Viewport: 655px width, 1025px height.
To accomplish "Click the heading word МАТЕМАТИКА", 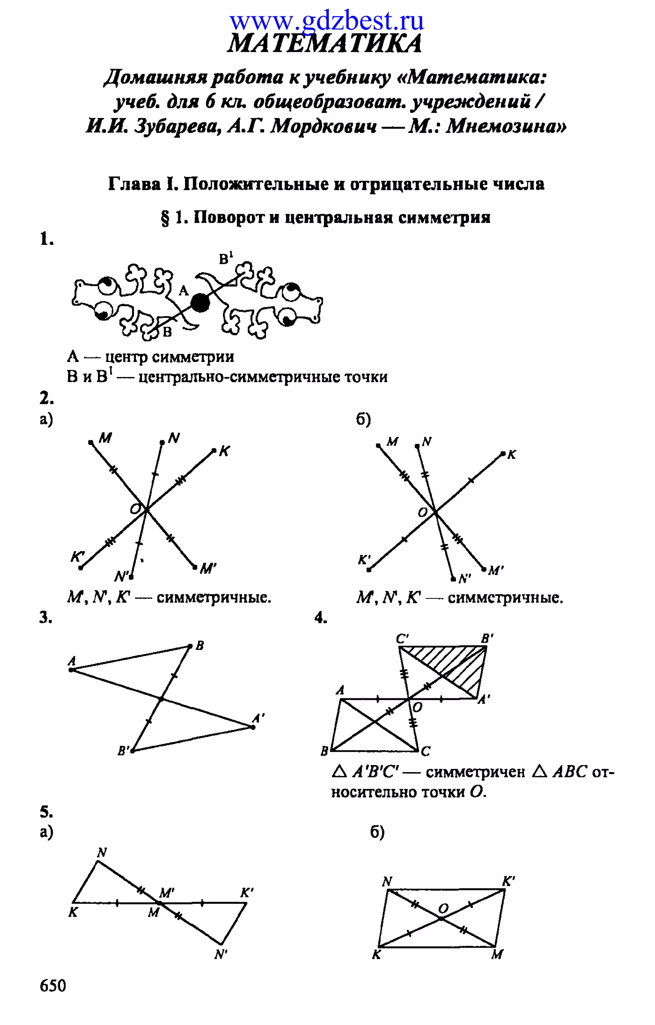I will point(325,44).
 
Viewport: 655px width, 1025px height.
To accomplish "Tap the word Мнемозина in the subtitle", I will point(506,126).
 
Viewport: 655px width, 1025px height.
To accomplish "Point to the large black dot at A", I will point(200,303).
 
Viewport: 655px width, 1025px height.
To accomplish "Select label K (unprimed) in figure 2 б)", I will point(512,455).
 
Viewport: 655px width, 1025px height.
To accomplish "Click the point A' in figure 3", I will point(253,727).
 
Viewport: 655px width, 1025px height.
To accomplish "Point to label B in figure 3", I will point(200,646).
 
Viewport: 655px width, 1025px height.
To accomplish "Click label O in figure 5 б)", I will point(443,909).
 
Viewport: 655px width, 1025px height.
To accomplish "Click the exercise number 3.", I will point(45,617).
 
